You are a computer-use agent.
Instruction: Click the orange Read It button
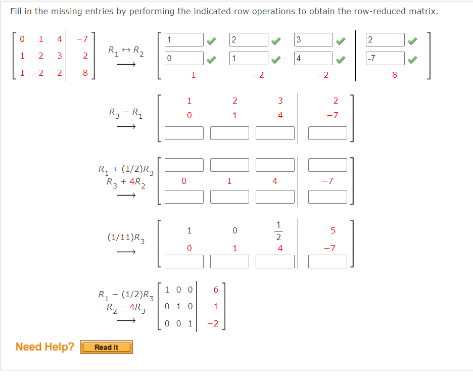tap(107, 347)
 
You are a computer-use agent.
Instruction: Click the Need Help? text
tap(44, 347)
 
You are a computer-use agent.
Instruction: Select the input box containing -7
tap(386, 59)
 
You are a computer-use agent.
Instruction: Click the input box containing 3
tap(313, 40)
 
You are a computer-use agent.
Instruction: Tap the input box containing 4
tap(313, 59)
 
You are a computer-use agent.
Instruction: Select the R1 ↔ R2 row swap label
tap(125, 51)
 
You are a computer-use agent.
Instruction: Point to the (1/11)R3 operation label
tap(126, 238)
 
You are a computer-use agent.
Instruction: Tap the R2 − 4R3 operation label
tap(126, 307)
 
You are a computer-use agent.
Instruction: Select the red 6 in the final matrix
tap(216, 290)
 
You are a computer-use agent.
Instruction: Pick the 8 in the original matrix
tap(85, 73)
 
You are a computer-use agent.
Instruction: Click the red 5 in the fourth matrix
tap(333, 231)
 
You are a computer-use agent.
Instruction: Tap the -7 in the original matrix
tap(82, 39)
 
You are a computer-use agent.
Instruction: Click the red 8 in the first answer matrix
tap(395, 75)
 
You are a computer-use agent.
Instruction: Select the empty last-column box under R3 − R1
tap(327, 133)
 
